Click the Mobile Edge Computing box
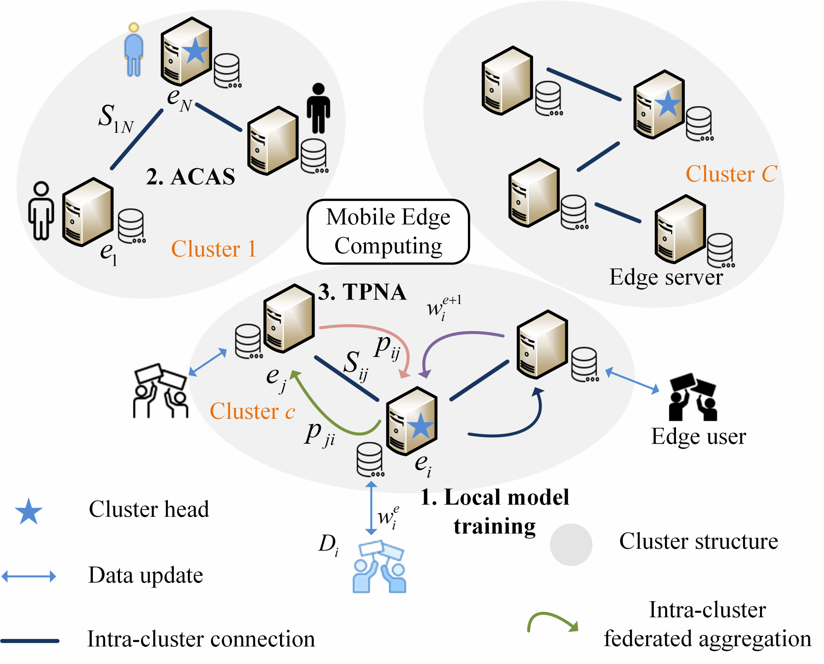[x=388, y=232]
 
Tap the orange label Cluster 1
[x=214, y=248]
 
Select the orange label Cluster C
[x=731, y=174]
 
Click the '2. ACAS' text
[x=191, y=176]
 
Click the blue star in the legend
[x=29, y=511]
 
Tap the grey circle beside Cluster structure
[x=571, y=544]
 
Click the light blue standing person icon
[x=134, y=50]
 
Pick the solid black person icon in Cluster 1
[x=318, y=108]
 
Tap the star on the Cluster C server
[x=667, y=103]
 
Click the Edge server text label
[x=666, y=277]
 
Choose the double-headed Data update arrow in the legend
[x=29, y=576]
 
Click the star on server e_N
[x=195, y=51]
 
